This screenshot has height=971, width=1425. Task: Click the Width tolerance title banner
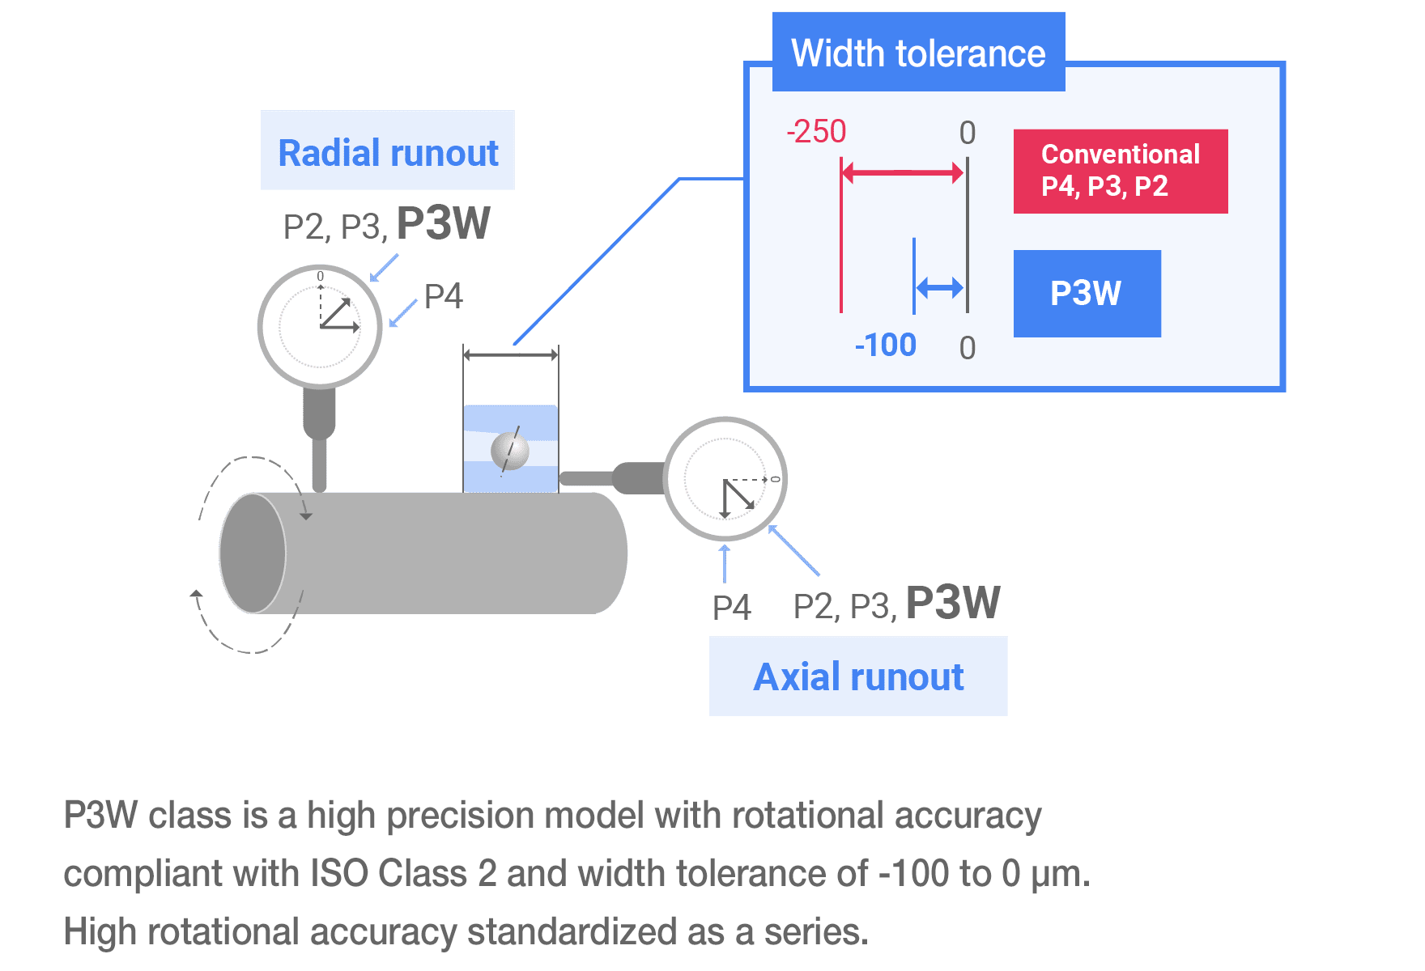pos(917,53)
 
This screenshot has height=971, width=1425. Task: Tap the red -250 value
pos(816,132)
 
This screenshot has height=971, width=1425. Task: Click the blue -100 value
pos(885,346)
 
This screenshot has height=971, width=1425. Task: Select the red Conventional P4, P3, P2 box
pos(1120,171)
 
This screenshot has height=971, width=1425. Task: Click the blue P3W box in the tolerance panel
pos(1087,293)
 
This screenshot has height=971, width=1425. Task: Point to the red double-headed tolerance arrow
pos(902,172)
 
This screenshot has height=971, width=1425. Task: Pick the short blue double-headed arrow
pos(939,287)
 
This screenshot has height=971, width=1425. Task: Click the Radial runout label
pos(388,152)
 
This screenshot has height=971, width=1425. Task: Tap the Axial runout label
pos(858,676)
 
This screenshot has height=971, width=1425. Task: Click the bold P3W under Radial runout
pos(443,223)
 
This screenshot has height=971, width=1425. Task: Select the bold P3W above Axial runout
pos(952,603)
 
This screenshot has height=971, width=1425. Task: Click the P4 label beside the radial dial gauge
pos(443,297)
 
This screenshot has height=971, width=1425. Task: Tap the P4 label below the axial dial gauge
pos(731,608)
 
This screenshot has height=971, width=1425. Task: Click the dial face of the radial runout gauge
pos(320,326)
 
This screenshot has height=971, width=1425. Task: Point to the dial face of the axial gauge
pos(725,479)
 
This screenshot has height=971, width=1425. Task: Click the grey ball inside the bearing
pos(509,451)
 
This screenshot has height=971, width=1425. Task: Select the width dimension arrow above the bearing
pos(510,354)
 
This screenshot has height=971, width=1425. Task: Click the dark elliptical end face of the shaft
pos(253,553)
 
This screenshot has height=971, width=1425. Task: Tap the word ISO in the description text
pos(339,874)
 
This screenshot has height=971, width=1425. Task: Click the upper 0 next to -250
pos(967,133)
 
